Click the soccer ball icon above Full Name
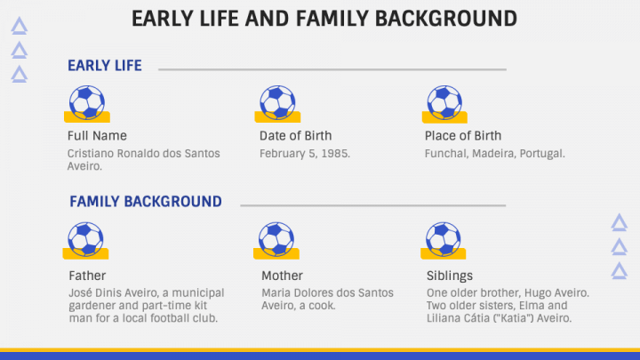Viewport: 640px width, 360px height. tap(87, 103)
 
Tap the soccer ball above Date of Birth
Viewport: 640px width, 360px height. tap(277, 103)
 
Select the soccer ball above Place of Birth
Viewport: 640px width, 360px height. tap(444, 103)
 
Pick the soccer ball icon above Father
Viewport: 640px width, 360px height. tap(85, 240)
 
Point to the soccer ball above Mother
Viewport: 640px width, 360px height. tap(276, 240)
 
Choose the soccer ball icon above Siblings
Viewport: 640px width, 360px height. tap(444, 240)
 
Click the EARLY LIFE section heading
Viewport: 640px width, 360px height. tap(105, 66)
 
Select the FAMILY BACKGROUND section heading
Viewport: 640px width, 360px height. tap(146, 202)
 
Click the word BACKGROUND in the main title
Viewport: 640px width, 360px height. tap(446, 19)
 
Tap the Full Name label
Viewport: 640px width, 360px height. tap(97, 135)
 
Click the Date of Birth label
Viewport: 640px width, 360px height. tap(295, 135)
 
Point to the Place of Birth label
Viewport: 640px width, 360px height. tap(463, 135)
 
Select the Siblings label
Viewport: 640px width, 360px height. tap(450, 276)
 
